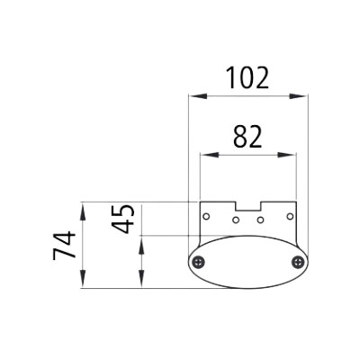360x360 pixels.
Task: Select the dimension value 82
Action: pos(247,138)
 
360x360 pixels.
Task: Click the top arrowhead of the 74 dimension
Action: pos(83,207)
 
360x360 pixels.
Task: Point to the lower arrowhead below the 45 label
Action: pos(140,283)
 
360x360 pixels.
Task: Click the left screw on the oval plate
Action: pos(198,262)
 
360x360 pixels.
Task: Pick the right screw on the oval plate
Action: pos(298,262)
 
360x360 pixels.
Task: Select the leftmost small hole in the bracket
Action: pos(207,217)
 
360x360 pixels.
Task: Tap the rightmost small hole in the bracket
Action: pos(288,217)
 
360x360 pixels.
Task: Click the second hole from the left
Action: pos(236,220)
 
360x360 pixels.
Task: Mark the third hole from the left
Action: pos(259,220)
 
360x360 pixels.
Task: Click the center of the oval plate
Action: pos(247,262)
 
